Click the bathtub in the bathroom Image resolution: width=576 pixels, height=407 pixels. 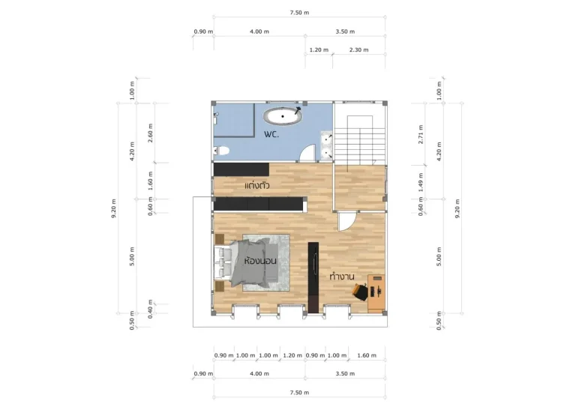283,116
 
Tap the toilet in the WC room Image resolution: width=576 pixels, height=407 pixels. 221,151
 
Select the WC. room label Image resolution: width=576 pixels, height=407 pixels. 271,134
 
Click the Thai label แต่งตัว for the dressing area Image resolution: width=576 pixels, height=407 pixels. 257,186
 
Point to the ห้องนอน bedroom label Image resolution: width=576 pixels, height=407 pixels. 260,261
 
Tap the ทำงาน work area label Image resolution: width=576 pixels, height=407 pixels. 342,276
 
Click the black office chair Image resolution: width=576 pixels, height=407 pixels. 360,292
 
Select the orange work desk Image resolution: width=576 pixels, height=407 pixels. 376,293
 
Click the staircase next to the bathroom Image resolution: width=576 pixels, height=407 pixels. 360,140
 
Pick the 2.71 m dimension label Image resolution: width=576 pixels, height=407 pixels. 421,134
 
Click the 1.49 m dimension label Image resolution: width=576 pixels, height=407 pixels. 421,182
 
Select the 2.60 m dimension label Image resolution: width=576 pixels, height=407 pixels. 150,133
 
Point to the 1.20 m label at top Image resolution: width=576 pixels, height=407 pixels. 319,50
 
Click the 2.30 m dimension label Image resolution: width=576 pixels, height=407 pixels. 359,50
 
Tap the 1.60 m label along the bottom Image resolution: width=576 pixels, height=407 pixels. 367,355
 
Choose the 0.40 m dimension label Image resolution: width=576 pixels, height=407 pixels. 150,309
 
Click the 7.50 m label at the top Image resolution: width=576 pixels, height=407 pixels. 299,13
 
